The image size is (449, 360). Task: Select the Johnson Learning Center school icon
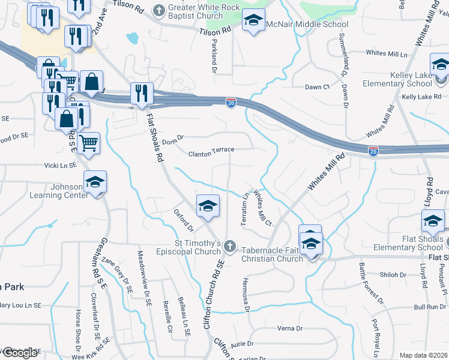pos(95,181)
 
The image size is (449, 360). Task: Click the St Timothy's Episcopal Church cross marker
pos(229,246)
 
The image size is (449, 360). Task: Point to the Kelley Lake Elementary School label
pos(406,79)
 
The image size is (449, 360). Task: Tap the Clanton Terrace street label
pos(211,154)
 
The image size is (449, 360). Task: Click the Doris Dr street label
pos(172,137)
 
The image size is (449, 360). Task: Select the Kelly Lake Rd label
pos(421,96)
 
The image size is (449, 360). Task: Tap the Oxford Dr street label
pos(184,221)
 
